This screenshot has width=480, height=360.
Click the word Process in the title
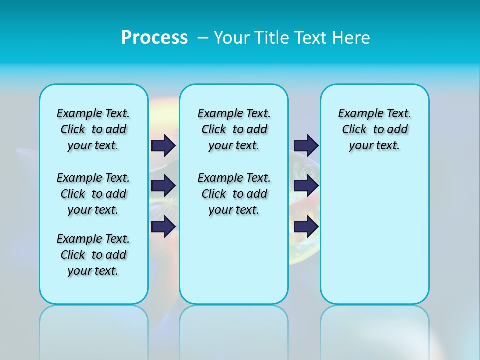click(x=154, y=37)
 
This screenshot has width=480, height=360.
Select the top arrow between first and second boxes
click(x=163, y=145)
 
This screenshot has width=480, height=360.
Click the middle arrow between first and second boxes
click(x=163, y=186)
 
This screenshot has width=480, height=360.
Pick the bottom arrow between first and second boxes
click(x=163, y=226)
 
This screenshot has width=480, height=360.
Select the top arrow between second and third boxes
click(x=306, y=145)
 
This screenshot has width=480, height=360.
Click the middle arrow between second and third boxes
click(x=306, y=186)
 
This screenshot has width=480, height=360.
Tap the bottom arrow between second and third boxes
click(x=306, y=226)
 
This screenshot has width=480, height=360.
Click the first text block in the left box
click(x=93, y=129)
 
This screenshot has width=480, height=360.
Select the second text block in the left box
click(x=93, y=194)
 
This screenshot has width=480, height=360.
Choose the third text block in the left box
click(x=93, y=255)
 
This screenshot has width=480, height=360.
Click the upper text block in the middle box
click(x=234, y=129)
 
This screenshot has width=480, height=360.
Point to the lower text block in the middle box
click(x=234, y=194)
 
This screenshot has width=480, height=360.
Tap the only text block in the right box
click(x=375, y=129)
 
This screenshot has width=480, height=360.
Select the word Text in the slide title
click(x=311, y=38)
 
